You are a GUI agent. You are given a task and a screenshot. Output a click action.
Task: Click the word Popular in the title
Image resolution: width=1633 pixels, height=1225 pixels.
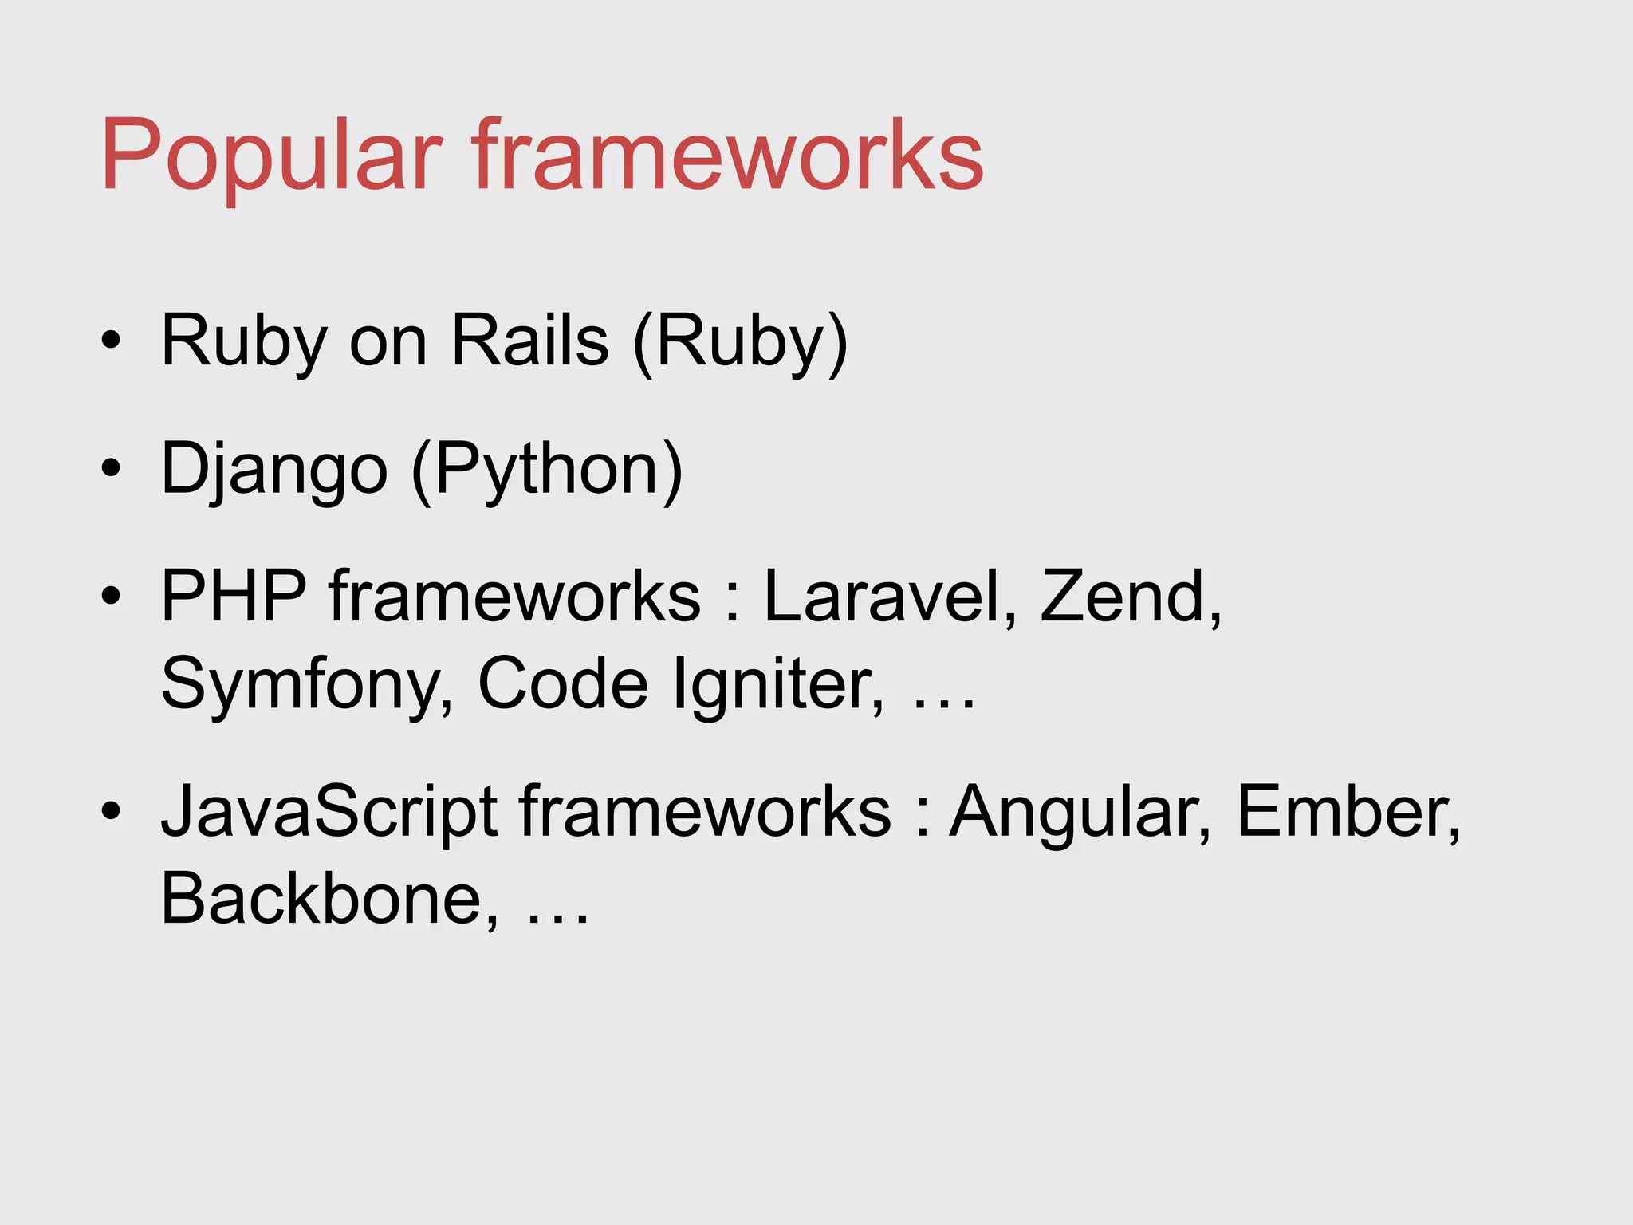click(271, 156)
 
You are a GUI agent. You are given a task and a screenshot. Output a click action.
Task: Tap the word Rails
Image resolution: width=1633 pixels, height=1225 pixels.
click(529, 341)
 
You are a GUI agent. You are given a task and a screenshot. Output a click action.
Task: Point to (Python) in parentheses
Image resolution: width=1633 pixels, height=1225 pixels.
click(547, 471)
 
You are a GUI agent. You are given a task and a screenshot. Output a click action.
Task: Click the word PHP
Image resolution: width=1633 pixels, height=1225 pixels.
click(234, 596)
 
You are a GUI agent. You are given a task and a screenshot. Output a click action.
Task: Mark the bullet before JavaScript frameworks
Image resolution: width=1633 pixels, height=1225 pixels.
click(111, 811)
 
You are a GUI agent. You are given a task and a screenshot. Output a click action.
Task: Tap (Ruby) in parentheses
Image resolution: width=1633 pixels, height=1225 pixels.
click(740, 341)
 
